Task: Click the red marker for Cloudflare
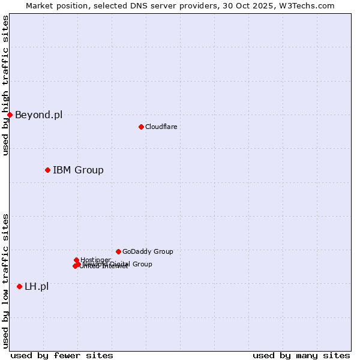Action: pyautogui.click(x=141, y=127)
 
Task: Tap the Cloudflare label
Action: pyautogui.click(x=161, y=127)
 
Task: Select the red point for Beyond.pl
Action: pyautogui.click(x=10, y=115)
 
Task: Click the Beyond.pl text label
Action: pyautogui.click(x=38, y=115)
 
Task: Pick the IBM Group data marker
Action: pyautogui.click(x=47, y=170)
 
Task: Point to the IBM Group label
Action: pyautogui.click(x=78, y=170)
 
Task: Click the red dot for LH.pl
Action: pyautogui.click(x=19, y=286)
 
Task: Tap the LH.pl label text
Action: pyautogui.click(x=37, y=286)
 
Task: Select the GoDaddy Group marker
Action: pyautogui.click(x=118, y=251)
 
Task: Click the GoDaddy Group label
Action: pyautogui.click(x=148, y=251)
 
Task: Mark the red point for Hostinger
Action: pyautogui.click(x=76, y=260)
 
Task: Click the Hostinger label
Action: pyautogui.click(x=96, y=260)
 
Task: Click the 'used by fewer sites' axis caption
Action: pyautogui.click(x=62, y=355)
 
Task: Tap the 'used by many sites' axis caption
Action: pyautogui.click(x=301, y=355)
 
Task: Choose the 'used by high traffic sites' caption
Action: pyautogui.click(x=5, y=85)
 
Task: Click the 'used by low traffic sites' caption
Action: pyautogui.click(x=5, y=281)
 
